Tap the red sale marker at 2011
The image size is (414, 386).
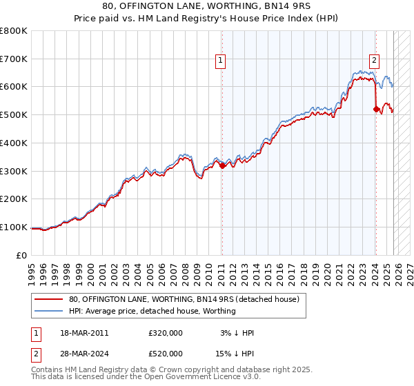click(222, 165)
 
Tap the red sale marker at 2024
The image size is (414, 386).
click(375, 109)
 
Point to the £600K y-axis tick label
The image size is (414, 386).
click(14, 87)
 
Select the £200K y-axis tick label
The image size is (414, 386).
click(14, 199)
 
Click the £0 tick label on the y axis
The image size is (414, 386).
click(22, 255)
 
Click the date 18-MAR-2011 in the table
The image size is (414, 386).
click(83, 333)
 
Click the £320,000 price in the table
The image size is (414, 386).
click(166, 333)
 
